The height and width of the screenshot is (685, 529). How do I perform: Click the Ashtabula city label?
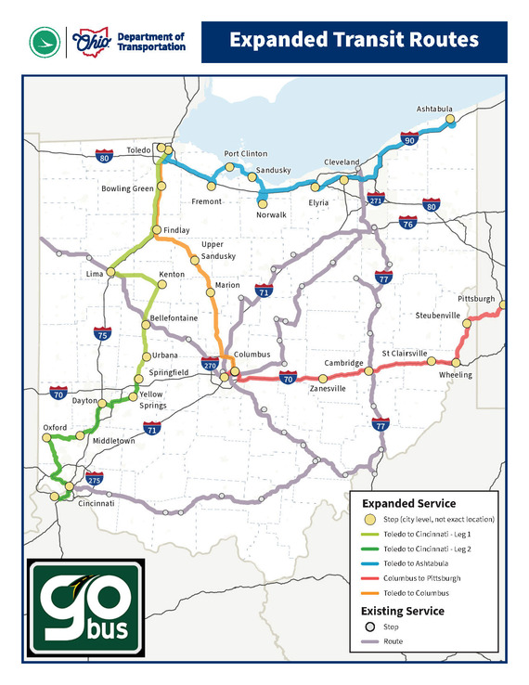click(435, 108)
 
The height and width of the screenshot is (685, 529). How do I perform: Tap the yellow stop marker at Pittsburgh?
click(502, 304)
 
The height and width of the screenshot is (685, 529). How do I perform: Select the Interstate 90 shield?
click(409, 139)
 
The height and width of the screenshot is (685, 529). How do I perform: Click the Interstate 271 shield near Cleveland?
click(376, 200)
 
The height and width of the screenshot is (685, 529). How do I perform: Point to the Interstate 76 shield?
click(407, 224)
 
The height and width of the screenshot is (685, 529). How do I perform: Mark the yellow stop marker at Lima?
click(110, 272)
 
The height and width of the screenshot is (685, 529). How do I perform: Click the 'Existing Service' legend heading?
click(402, 611)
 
